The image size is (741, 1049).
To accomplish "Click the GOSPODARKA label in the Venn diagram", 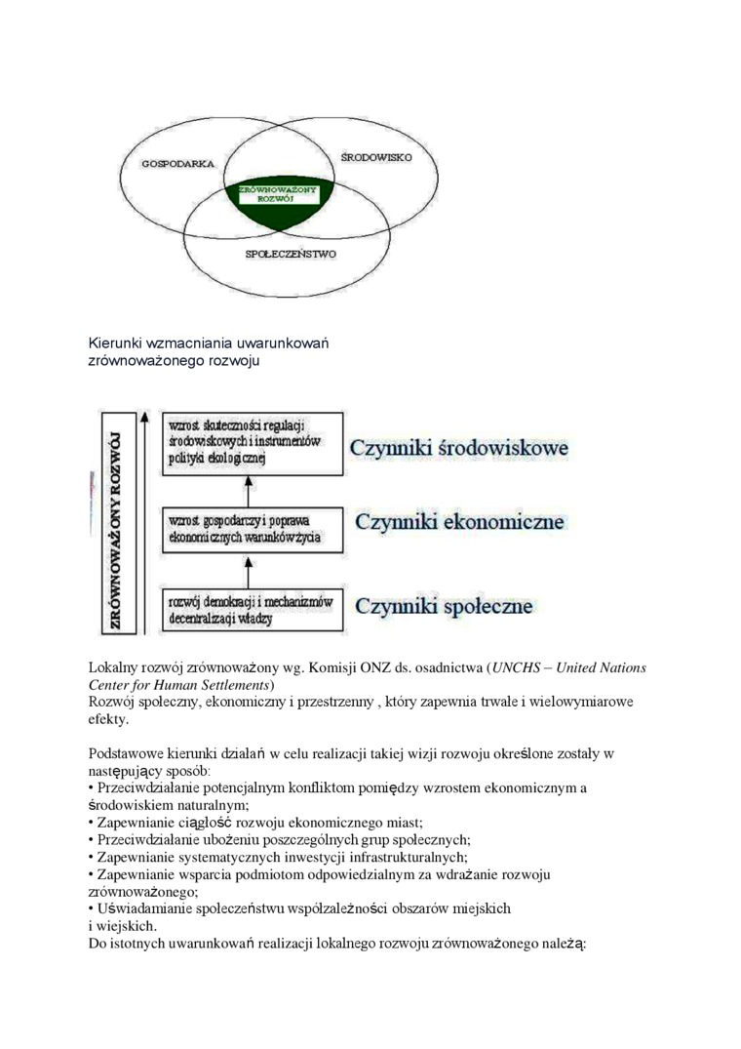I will pyautogui.click(x=177, y=163).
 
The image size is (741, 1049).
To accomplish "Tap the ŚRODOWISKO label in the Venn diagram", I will pyautogui.click(x=376, y=156).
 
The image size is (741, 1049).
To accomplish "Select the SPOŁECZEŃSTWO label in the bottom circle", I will pyautogui.click(x=291, y=254).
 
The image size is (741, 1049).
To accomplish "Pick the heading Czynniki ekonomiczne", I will pyautogui.click(x=459, y=522).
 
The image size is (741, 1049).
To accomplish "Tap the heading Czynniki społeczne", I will pyautogui.click(x=444, y=606).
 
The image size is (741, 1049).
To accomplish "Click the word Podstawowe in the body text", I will pyautogui.click(x=128, y=753).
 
